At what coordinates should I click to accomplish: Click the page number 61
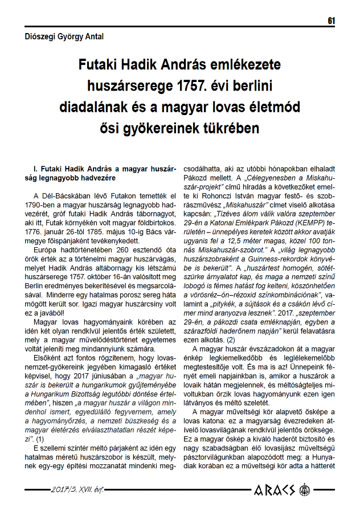click(331, 21)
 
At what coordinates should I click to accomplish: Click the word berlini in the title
click(248, 86)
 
